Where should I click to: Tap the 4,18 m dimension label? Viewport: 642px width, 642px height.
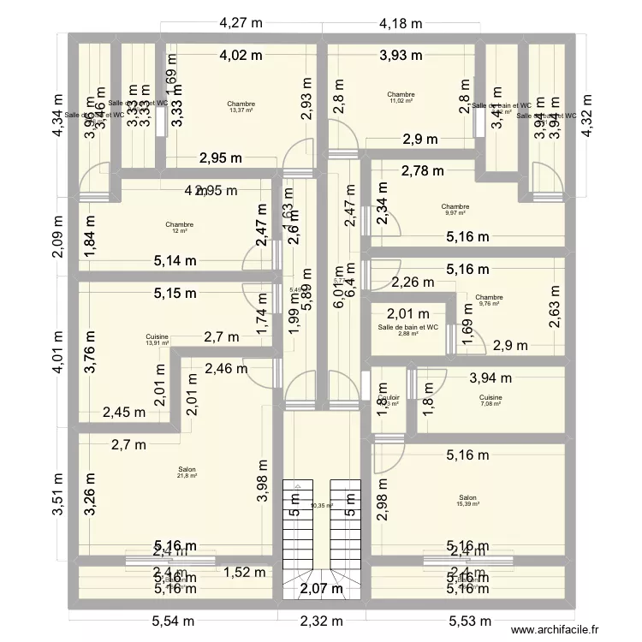click(x=401, y=24)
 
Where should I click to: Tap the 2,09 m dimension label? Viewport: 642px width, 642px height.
click(x=56, y=232)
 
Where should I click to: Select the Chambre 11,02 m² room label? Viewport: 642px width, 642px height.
click(x=401, y=98)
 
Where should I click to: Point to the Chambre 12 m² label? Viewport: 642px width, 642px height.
click(x=180, y=228)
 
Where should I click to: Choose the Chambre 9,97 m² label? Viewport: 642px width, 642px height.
click(x=455, y=210)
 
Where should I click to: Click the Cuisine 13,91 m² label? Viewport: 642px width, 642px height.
click(x=157, y=340)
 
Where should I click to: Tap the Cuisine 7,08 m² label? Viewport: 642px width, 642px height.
click(x=490, y=401)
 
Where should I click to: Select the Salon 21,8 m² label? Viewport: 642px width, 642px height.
click(x=187, y=473)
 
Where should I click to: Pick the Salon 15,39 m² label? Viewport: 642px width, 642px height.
click(x=467, y=501)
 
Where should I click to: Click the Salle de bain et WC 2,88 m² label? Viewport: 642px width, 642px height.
click(x=407, y=330)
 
